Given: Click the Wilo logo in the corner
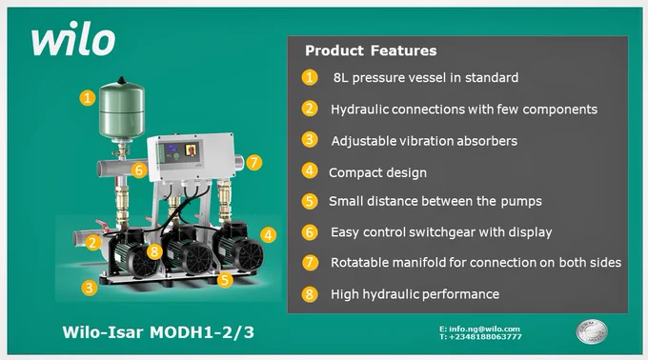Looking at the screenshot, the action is pyautogui.click(x=73, y=38).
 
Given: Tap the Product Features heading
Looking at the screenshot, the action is pyautogui.click(x=371, y=50).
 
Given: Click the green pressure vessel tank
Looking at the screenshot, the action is pyautogui.click(x=122, y=110).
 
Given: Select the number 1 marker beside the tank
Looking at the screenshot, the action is pyautogui.click(x=88, y=98).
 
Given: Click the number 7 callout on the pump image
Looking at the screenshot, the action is pyautogui.click(x=253, y=162).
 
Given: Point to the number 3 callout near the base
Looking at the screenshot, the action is pyautogui.click(x=90, y=288).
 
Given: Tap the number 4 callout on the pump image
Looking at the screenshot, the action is pyautogui.click(x=268, y=235).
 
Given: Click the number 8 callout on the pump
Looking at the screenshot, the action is pyautogui.click(x=154, y=251).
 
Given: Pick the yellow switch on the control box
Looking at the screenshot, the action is pyautogui.click(x=191, y=150).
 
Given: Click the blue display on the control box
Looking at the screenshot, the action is pyautogui.click(x=172, y=149).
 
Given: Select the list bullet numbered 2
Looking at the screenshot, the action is pyautogui.click(x=310, y=109).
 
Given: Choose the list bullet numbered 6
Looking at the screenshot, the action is pyautogui.click(x=310, y=232).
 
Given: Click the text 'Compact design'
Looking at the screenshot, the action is pyautogui.click(x=377, y=172).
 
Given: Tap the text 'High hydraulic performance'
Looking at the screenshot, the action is pyautogui.click(x=415, y=294).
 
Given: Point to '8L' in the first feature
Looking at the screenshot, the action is pyautogui.click(x=341, y=77).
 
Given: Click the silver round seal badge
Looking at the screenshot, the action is pyautogui.click(x=592, y=331).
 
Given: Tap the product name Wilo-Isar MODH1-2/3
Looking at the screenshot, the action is pyautogui.click(x=158, y=332).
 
